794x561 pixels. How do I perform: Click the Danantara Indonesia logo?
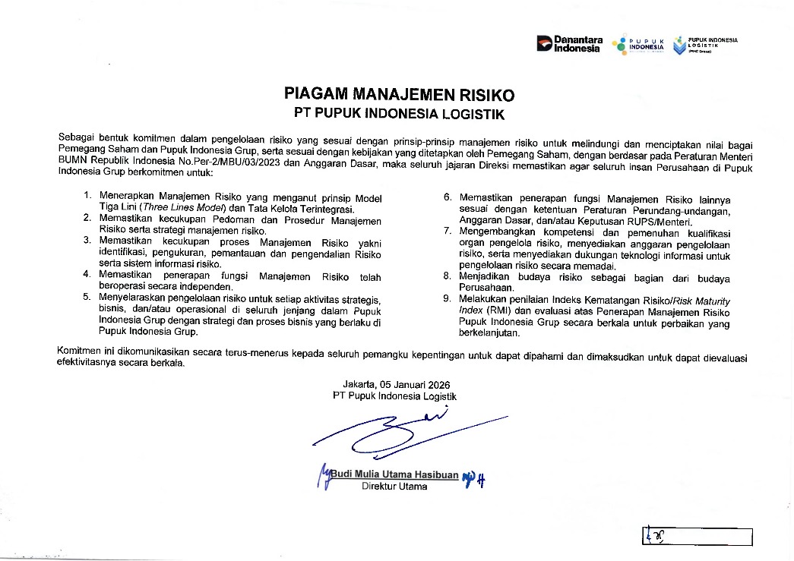(x=570, y=44)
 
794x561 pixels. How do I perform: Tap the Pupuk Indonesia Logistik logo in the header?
(x=704, y=45)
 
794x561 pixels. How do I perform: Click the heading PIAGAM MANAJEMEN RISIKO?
(x=399, y=95)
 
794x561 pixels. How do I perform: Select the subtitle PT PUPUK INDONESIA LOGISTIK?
(x=399, y=114)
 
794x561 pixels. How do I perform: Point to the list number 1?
(x=87, y=197)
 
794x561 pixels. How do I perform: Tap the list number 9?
(x=448, y=300)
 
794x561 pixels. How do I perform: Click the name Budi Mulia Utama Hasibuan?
(x=394, y=475)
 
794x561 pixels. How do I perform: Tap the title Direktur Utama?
(x=394, y=487)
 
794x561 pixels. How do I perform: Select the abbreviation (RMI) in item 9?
(x=500, y=311)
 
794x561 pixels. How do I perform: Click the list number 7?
(x=448, y=231)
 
